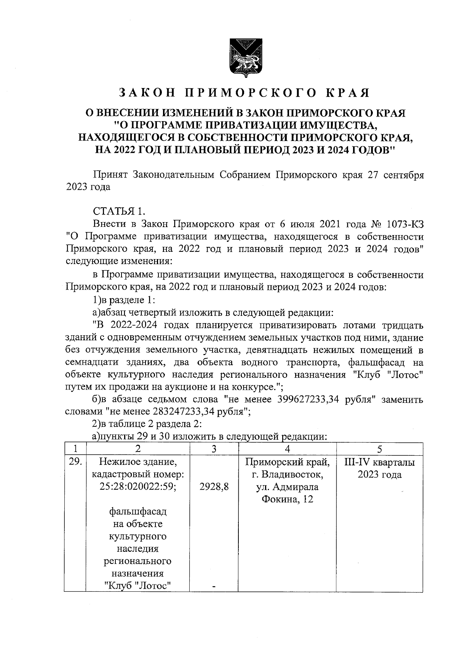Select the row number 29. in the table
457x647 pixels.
(75, 462)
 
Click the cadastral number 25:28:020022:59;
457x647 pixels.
(138, 487)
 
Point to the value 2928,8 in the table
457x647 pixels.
(214, 487)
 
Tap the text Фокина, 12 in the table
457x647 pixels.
(288, 500)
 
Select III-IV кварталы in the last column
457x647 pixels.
(379, 463)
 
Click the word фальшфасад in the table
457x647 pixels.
(138, 511)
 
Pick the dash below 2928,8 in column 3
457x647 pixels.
(214, 587)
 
